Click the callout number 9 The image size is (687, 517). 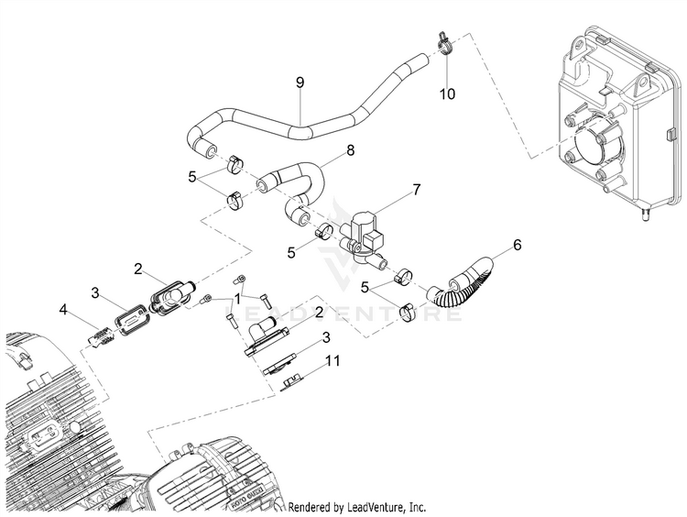[299, 83]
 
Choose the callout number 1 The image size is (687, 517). [238, 299]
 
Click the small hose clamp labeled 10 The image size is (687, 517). [442, 43]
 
